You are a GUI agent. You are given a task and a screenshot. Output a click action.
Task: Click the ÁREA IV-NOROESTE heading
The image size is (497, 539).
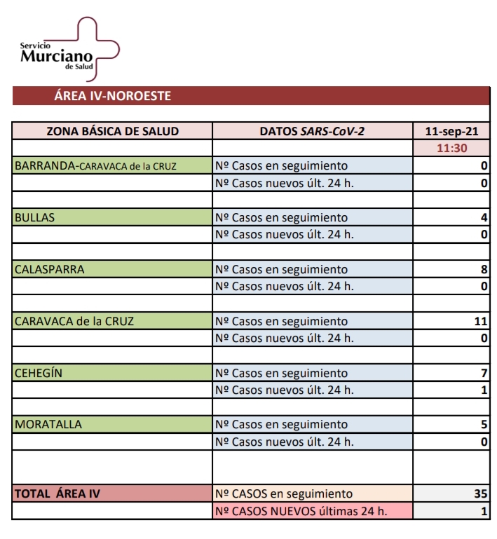coord(112,96)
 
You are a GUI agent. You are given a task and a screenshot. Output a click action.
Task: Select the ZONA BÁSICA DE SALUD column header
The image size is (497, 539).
coord(112,131)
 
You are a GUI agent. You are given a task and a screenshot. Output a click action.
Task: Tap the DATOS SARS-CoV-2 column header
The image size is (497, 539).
coord(312,131)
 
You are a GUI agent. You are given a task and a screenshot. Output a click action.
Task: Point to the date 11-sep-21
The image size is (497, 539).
coord(451,131)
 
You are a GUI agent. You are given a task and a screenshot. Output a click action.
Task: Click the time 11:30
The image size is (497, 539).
coord(451,149)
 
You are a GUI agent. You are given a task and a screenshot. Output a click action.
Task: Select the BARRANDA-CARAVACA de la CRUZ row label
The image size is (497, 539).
coord(95,166)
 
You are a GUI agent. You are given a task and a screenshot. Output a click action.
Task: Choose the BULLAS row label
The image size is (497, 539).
coord(34,217)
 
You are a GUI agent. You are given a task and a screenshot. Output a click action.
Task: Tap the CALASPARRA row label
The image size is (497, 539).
coord(49,269)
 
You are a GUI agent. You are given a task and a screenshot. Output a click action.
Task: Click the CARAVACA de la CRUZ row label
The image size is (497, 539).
coord(74,321)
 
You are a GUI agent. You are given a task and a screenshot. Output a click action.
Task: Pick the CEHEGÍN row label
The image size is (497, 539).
coord(39,373)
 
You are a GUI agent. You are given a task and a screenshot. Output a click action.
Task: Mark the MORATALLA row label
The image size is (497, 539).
coord(48,424)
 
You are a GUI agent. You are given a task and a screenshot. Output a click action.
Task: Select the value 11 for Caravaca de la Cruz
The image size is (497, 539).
coord(480,321)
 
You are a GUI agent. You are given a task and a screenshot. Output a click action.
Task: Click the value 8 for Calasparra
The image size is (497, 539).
coord(484,269)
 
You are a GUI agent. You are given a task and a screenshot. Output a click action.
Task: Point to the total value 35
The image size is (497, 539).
coord(480,493)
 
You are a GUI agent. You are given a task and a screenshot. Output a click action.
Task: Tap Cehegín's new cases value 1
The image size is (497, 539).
coord(484,390)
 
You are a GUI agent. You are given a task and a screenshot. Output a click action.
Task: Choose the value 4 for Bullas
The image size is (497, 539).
coord(484,217)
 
